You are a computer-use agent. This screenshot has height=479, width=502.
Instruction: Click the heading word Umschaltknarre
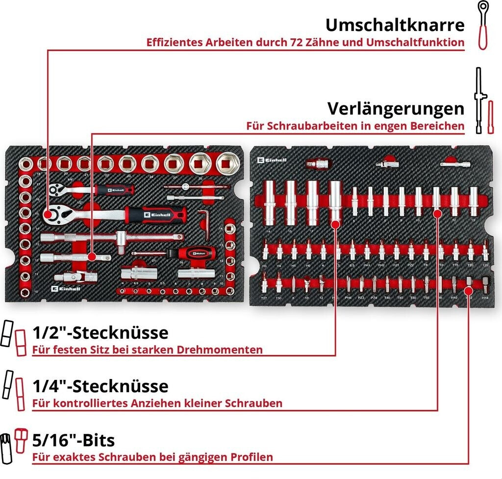(x=395, y=25)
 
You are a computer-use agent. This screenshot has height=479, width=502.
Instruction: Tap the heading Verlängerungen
(x=396, y=108)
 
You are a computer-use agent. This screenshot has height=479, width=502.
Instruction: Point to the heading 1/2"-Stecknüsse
(x=100, y=333)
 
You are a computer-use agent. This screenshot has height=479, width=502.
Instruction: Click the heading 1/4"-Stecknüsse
(x=100, y=386)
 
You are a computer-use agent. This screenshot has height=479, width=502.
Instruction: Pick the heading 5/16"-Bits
(x=73, y=440)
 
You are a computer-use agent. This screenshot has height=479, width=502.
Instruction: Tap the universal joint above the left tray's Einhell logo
(x=76, y=277)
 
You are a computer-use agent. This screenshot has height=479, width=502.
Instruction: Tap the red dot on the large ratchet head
(x=48, y=214)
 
